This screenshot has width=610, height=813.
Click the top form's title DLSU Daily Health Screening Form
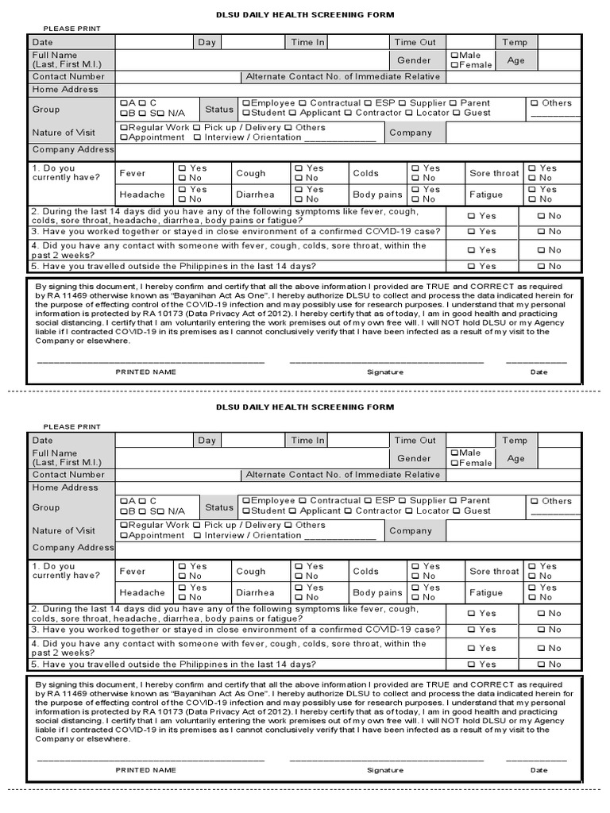tap(305, 15)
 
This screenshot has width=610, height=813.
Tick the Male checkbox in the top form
tap(454, 56)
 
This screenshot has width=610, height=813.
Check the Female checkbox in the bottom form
tap(454, 463)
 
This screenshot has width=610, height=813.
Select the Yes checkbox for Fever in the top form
tap(183, 168)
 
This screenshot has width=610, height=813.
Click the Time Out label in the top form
tap(415, 42)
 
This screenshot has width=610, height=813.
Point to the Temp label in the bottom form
tap(514, 440)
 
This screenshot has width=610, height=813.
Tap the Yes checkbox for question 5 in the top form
tap(472, 267)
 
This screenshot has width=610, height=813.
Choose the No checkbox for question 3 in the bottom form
tap(541, 630)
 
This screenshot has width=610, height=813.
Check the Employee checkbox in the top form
tap(246, 103)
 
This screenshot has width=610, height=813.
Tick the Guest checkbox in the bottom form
tap(457, 511)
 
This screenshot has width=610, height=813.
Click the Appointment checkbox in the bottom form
tap(123, 536)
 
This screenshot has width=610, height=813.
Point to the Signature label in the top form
tap(385, 372)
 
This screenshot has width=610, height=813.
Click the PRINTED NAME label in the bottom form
tap(146, 769)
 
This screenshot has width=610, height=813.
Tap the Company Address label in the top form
tap(73, 149)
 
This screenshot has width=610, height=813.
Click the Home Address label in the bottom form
tap(65, 487)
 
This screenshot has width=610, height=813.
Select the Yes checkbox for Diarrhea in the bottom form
tap(297, 588)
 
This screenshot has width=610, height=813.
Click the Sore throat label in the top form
tap(494, 173)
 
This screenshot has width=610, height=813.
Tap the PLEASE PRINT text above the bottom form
tap(72, 426)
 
